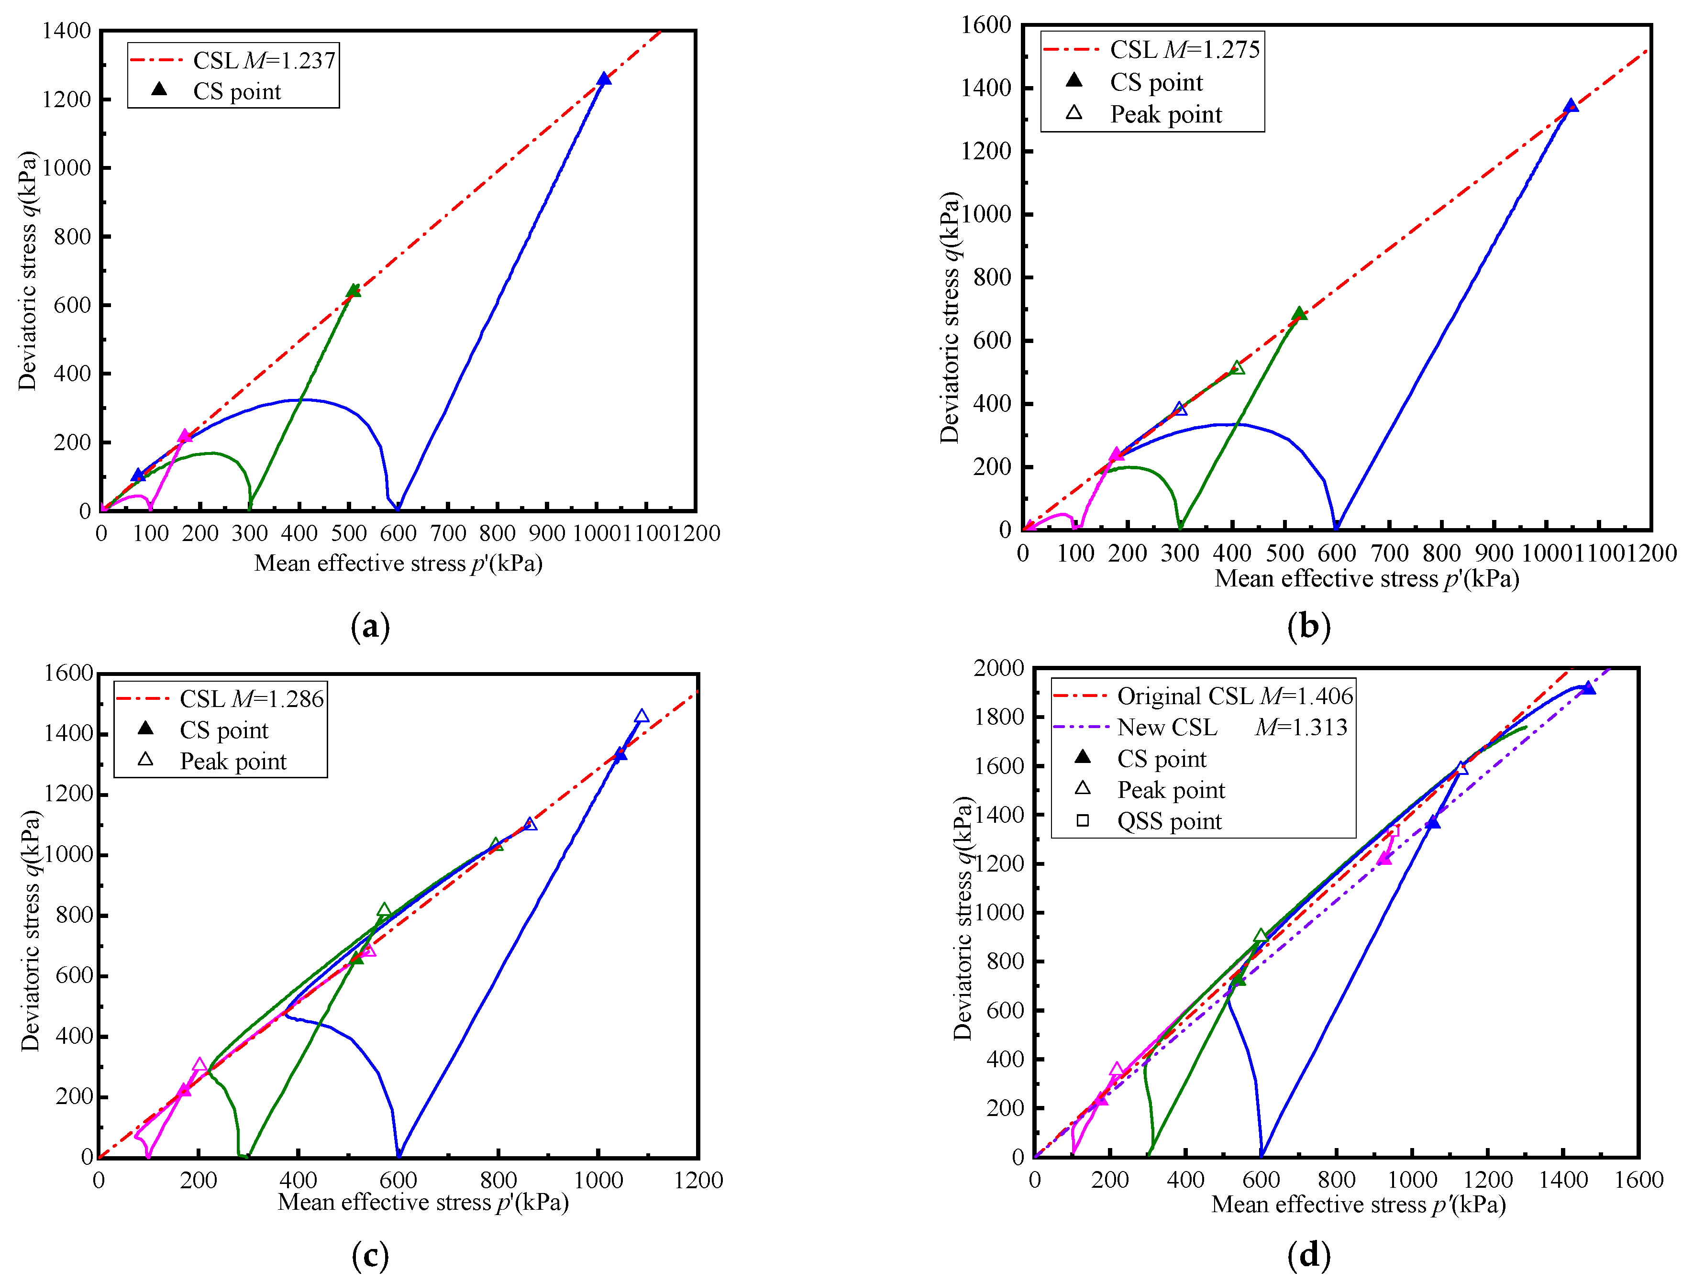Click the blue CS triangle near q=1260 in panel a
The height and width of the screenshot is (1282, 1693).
(604, 79)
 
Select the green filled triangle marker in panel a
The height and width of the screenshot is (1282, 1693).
(354, 290)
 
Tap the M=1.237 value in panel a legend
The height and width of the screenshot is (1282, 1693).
(289, 60)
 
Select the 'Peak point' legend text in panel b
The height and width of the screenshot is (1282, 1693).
(1166, 115)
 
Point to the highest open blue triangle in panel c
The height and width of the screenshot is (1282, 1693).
(642, 717)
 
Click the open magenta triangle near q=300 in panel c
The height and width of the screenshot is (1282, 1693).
(200, 1065)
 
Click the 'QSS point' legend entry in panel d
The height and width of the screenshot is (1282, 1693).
(1169, 821)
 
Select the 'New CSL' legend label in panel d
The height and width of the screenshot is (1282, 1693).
(1166, 727)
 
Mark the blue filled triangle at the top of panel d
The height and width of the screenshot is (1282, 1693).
(1588, 688)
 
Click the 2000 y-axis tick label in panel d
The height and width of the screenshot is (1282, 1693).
(998, 668)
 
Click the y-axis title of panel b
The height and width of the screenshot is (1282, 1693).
(949, 318)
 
